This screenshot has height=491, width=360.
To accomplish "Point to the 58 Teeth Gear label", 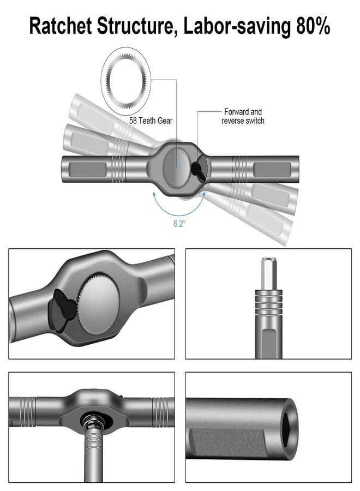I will point(152,121).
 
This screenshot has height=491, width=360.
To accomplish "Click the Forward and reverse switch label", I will point(243,116).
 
